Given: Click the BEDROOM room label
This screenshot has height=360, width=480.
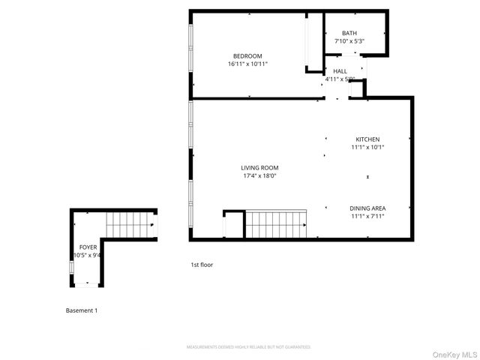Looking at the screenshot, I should pyautogui.click(x=247, y=56).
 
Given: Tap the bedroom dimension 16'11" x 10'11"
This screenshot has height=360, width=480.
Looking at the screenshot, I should pyautogui.click(x=247, y=64).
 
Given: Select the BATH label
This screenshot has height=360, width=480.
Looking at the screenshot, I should pyautogui.click(x=349, y=33).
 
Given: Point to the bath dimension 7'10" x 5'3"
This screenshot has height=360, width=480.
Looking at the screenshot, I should pyautogui.click(x=349, y=41).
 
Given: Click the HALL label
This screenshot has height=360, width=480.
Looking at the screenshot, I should pyautogui.click(x=340, y=70).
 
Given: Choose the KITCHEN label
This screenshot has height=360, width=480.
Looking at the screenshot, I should pyautogui.click(x=367, y=139).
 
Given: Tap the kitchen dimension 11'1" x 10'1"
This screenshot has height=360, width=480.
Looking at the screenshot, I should pyautogui.click(x=367, y=147).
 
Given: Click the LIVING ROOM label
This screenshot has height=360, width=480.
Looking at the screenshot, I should pyautogui.click(x=259, y=168).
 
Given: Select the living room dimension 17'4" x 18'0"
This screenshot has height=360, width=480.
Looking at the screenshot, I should pyautogui.click(x=259, y=176).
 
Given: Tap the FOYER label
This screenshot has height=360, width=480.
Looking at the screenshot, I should pyautogui.click(x=88, y=247).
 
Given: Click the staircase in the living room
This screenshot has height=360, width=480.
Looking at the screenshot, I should pyautogui.click(x=276, y=224).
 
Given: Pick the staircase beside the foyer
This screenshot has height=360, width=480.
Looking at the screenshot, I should pyautogui.click(x=127, y=223).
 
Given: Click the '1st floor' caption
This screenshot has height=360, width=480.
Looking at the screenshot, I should pyautogui.click(x=202, y=265).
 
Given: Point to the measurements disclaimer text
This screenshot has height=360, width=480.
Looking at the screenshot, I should pyautogui.click(x=248, y=347).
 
